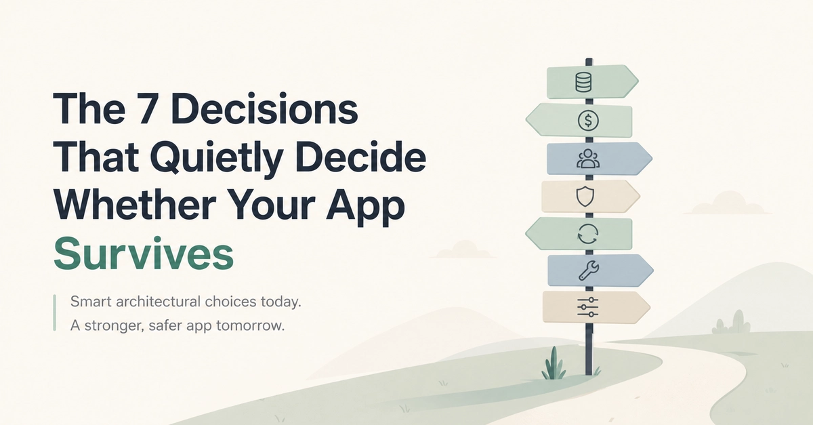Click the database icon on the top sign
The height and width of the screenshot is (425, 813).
pyautogui.click(x=583, y=82)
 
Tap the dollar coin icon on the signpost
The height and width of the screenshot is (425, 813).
pyautogui.click(x=588, y=120)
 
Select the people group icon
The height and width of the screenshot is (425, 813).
pyautogui.click(x=588, y=159)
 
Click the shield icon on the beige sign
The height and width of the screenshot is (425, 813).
pyautogui.click(x=585, y=197)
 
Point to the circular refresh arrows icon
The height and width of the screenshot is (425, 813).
pyautogui.click(x=587, y=234)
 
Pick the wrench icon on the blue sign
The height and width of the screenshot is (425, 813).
pyautogui.click(x=588, y=270)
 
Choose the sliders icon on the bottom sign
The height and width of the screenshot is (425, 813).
pyautogui.click(x=587, y=307)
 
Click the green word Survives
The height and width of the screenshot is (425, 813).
pyautogui.click(x=144, y=254)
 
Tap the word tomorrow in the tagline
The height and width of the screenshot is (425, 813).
pyautogui.click(x=250, y=325)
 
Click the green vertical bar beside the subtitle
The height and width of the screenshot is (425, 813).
pyautogui.click(x=54, y=312)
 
